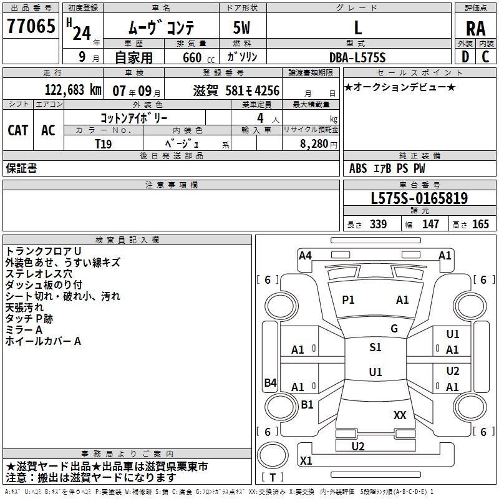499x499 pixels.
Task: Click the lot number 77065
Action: pyautogui.click(x=29, y=27)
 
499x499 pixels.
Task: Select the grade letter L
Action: pyautogui.click(x=357, y=27)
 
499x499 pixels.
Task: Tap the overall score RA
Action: pyautogui.click(x=475, y=29)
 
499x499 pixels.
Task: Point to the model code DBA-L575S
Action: pyautogui.click(x=358, y=57)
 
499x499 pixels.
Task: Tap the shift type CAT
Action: pyautogui.click(x=18, y=130)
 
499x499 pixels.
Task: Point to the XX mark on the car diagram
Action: pyautogui.click(x=400, y=415)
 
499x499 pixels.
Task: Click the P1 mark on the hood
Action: pyautogui.click(x=348, y=300)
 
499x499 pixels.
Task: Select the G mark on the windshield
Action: pyautogui.click(x=394, y=328)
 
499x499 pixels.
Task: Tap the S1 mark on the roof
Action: pyautogui.click(x=375, y=347)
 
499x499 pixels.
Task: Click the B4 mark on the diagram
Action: pyautogui.click(x=270, y=382)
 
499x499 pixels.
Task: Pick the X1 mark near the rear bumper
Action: pyautogui.click(x=306, y=461)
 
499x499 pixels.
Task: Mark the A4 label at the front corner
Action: pyautogui.click(x=305, y=255)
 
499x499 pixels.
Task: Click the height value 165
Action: pyautogui.click(x=481, y=225)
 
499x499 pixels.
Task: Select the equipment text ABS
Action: pyautogui.click(x=358, y=168)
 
